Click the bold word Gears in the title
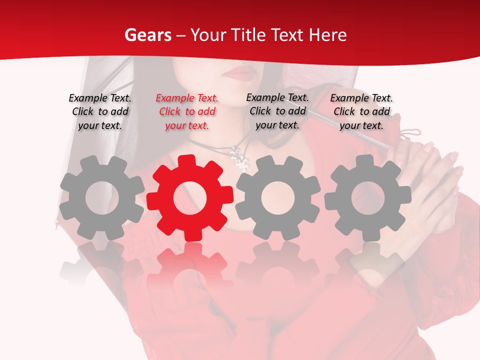pos(147,35)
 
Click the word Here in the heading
pos(327,35)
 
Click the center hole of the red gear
pos(190,198)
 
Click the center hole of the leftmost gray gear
pos(102,198)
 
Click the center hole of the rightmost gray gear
pos(367,198)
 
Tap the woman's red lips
pos(241,73)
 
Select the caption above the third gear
pos(277,111)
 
